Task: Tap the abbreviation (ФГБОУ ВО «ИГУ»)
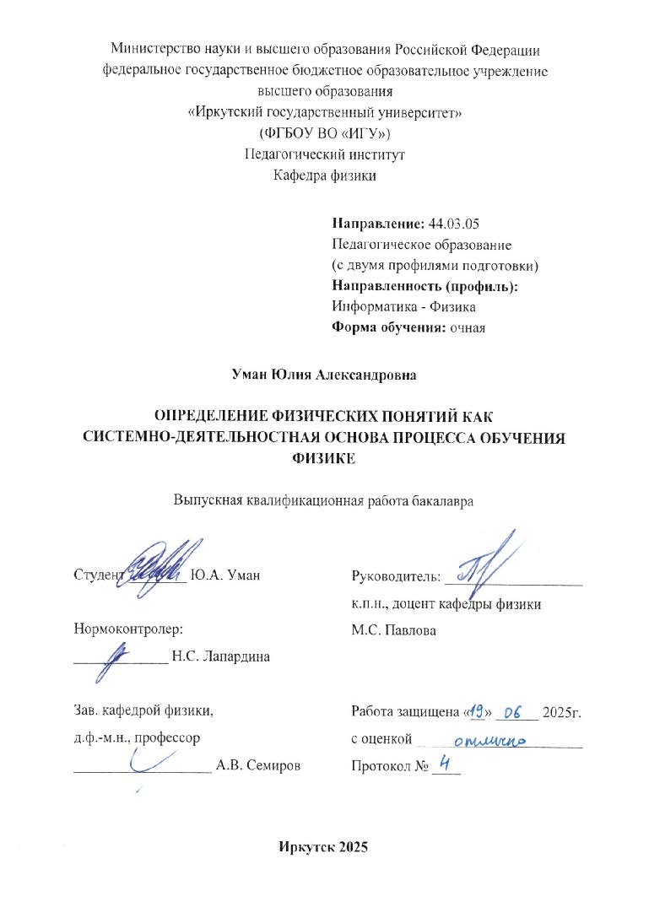(x=324, y=133)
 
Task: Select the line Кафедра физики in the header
(x=325, y=175)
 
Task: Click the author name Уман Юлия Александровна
(x=325, y=372)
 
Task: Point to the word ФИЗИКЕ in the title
(x=325, y=460)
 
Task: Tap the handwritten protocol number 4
(x=446, y=764)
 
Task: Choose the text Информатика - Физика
(x=405, y=306)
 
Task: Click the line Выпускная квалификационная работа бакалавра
(x=325, y=499)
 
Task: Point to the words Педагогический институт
(x=325, y=154)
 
